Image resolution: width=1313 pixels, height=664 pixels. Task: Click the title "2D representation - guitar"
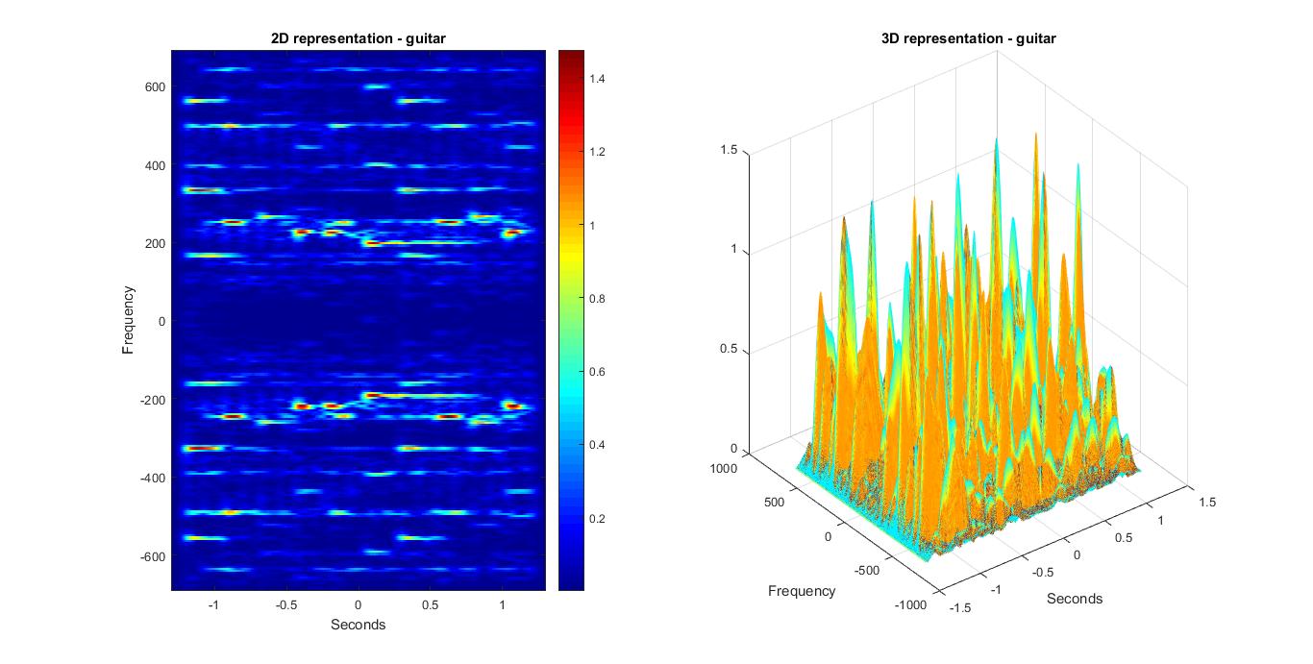point(359,38)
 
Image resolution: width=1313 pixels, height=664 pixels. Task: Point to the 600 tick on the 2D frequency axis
point(157,86)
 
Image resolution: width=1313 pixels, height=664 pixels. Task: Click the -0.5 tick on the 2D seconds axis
point(285,606)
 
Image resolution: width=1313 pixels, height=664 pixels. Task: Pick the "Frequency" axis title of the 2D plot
point(128,320)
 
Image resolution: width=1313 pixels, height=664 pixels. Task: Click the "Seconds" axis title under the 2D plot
point(359,625)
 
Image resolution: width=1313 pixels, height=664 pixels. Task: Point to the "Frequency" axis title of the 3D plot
point(802,591)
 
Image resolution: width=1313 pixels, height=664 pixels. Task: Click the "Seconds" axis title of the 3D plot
point(1075,598)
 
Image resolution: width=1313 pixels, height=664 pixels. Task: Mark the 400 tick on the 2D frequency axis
point(157,165)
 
